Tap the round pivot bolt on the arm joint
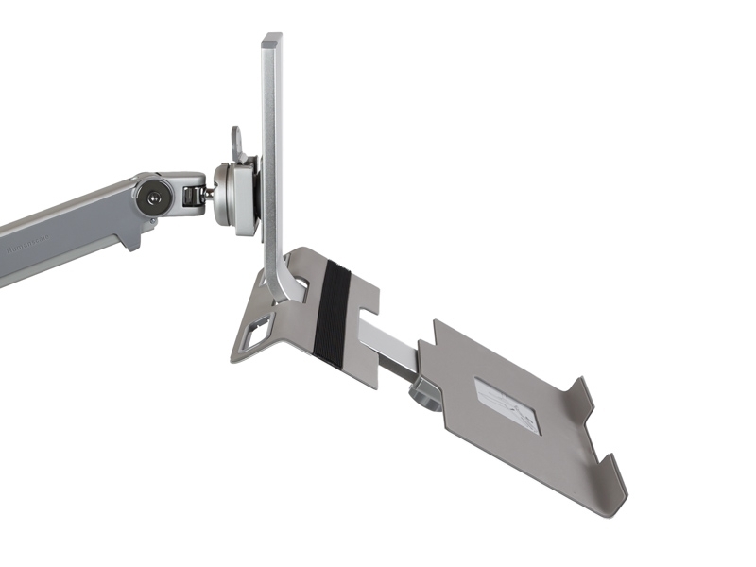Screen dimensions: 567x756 (x=150, y=198)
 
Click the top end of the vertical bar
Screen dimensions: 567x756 (x=271, y=40)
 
